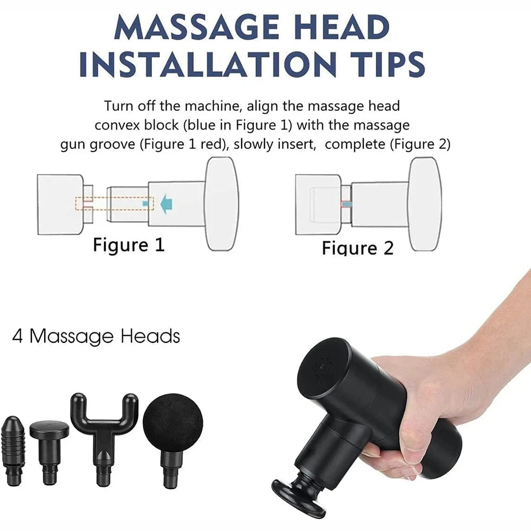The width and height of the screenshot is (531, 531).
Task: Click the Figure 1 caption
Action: click(129, 245)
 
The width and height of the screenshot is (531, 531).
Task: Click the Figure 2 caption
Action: click(357, 247)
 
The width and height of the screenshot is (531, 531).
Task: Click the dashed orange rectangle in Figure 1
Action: click(115, 203)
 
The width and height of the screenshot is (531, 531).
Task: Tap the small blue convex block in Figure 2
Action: click(346, 204)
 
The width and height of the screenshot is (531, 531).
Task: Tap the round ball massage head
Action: click(173, 425)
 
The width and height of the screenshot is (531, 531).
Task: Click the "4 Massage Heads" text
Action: click(96, 336)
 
